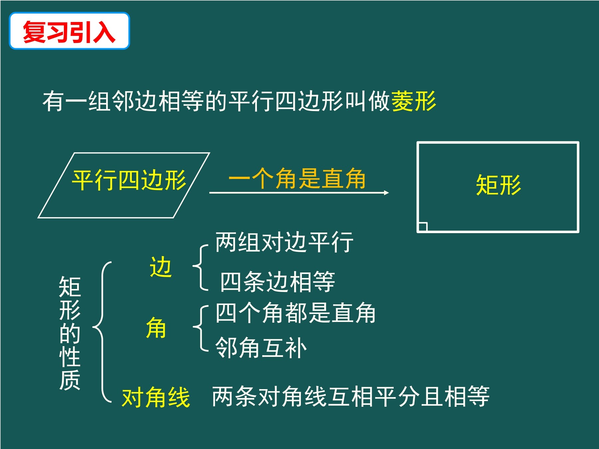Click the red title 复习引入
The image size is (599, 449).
pyautogui.click(x=69, y=32)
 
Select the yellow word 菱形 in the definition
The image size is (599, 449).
pyautogui.click(x=414, y=101)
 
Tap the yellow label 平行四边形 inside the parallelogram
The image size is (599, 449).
pyautogui.click(x=129, y=181)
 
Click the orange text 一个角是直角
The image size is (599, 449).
pyautogui.click(x=297, y=179)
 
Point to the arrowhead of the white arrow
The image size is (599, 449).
pyautogui.click(x=386, y=193)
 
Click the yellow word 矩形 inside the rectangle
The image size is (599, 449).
pyautogui.click(x=498, y=185)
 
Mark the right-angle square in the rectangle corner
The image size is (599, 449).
pyautogui.click(x=423, y=226)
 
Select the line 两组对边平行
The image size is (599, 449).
pyautogui.click(x=285, y=242)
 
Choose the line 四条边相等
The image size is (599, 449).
pyautogui.click(x=278, y=282)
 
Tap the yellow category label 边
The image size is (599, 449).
pyautogui.click(x=161, y=267)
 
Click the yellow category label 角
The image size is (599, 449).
pyautogui.click(x=156, y=328)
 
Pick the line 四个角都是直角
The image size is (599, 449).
pyautogui.click(x=296, y=313)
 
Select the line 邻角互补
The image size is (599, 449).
pyautogui.click(x=261, y=348)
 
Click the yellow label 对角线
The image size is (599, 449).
pyautogui.click(x=156, y=397)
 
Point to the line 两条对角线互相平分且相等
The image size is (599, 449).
pyautogui.click(x=351, y=396)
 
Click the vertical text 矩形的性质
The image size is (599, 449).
pyautogui.click(x=70, y=333)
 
